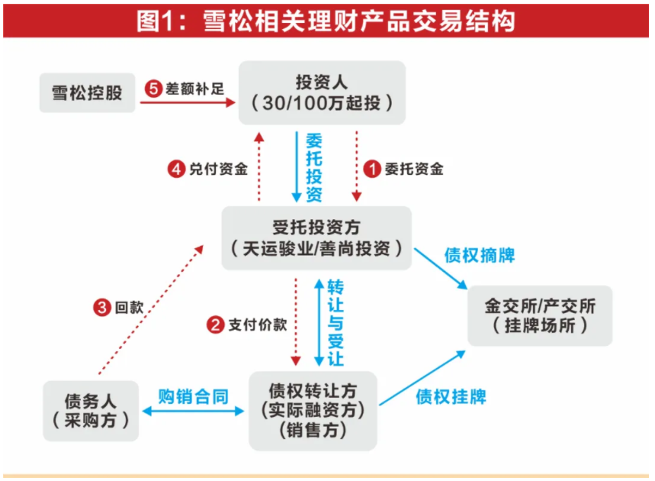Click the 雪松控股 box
point(87,93)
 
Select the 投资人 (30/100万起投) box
point(321,92)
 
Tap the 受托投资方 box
point(316,237)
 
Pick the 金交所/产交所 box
point(539,316)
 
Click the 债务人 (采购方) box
point(91,409)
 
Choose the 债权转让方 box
point(313,410)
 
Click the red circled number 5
point(153,89)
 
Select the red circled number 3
point(102,307)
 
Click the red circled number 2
point(216,324)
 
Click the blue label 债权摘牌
point(479,255)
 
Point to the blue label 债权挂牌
point(451,396)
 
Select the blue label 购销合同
point(193,395)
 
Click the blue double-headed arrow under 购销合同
point(193,412)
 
